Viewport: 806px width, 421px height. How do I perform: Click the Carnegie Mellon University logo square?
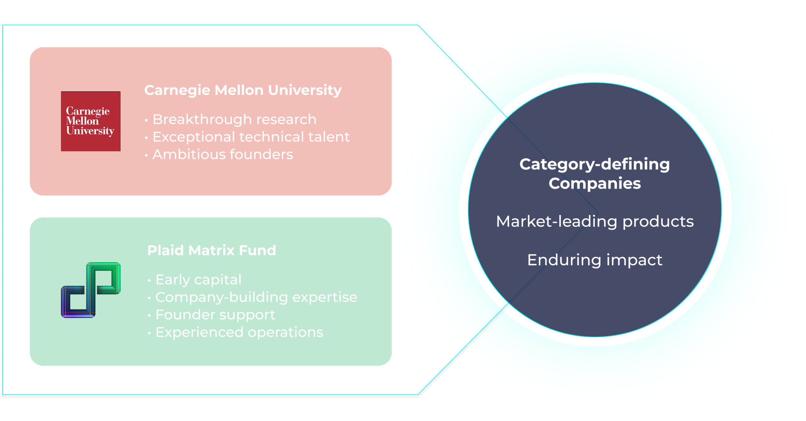[91, 121]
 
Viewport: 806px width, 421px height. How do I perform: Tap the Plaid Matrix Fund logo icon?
[91, 290]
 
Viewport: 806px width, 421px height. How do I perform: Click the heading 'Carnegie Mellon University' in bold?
[243, 90]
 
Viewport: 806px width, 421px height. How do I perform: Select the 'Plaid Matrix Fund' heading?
[212, 251]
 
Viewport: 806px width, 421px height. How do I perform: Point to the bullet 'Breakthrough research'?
[234, 119]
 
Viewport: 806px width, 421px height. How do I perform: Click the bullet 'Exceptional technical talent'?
[251, 137]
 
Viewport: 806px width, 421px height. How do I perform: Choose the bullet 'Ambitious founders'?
[223, 154]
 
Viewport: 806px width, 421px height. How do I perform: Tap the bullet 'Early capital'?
[198, 280]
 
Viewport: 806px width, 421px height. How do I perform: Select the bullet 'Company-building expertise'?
[256, 297]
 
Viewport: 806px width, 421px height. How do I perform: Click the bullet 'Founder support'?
[215, 315]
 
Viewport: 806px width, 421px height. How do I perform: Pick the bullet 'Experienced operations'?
[239, 332]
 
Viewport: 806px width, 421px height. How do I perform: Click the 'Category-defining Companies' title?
[595, 174]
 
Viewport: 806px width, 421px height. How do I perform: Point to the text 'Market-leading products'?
[595, 221]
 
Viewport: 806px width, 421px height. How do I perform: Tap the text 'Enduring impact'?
[595, 260]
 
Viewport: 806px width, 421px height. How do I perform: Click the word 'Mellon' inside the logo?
[82, 121]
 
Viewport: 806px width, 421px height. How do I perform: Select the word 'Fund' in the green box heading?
[257, 251]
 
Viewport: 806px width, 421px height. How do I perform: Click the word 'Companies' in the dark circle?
[595, 184]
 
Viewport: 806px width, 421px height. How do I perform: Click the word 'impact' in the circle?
[634, 260]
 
